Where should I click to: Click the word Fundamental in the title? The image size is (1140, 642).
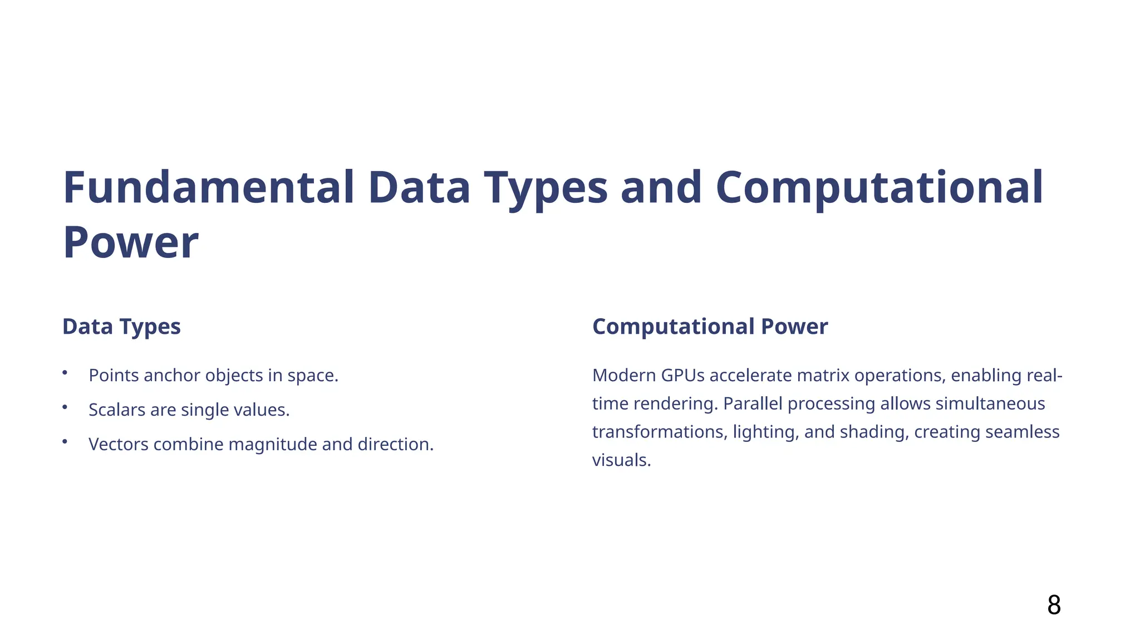pos(209,188)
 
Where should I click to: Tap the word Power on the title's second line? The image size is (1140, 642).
pos(131,243)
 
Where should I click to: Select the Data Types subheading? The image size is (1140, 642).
pos(121,327)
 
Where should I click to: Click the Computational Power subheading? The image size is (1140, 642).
pos(710,327)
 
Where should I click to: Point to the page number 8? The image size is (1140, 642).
pos(1054,605)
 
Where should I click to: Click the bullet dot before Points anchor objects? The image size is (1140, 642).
pos(65,372)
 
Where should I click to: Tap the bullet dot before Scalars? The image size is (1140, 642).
pos(65,407)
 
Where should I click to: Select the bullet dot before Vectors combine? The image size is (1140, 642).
pos(65,441)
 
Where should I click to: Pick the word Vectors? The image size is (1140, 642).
pos(119,445)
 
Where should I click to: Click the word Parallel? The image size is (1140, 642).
pos(753,404)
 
